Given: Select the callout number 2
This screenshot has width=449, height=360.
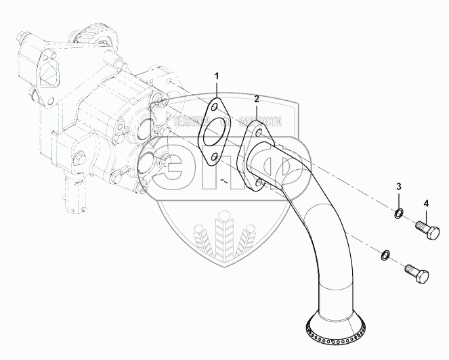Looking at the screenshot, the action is pyautogui.click(x=257, y=99).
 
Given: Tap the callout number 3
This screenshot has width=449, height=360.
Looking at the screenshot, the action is pyautogui.click(x=399, y=186).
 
